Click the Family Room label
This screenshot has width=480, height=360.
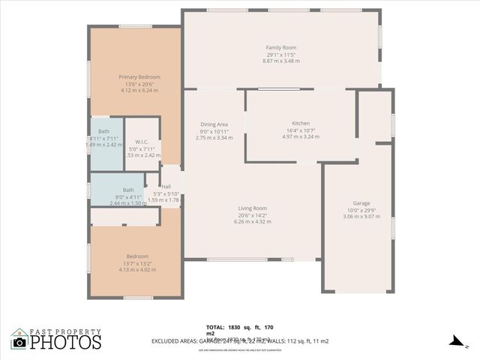(281, 48)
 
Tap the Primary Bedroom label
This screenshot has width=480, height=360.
(139, 77)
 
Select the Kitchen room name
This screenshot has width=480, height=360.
(301, 124)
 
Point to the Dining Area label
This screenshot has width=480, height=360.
(214, 124)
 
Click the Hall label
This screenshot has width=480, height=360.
(166, 187)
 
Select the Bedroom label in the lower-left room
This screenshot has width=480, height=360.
(137, 256)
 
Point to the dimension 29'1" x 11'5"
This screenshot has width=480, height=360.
(281, 55)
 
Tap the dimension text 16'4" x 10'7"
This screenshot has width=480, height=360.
(301, 130)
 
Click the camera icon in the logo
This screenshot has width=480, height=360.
(19, 342)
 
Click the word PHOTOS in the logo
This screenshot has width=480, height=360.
(66, 343)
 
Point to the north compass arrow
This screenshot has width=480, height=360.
(454, 340)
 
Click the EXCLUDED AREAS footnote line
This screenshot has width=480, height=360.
(262, 341)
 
